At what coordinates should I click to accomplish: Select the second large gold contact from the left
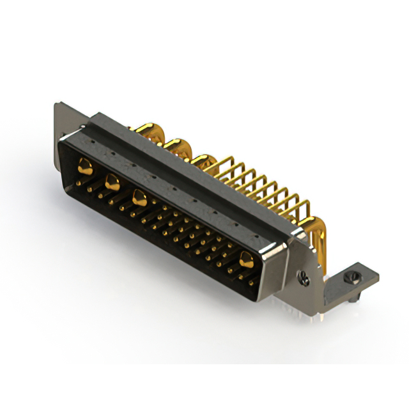pyautogui.click(x=111, y=182)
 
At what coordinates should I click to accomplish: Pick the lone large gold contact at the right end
pyautogui.click(x=245, y=258)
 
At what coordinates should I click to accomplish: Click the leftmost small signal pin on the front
pyautogui.click(x=77, y=183)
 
